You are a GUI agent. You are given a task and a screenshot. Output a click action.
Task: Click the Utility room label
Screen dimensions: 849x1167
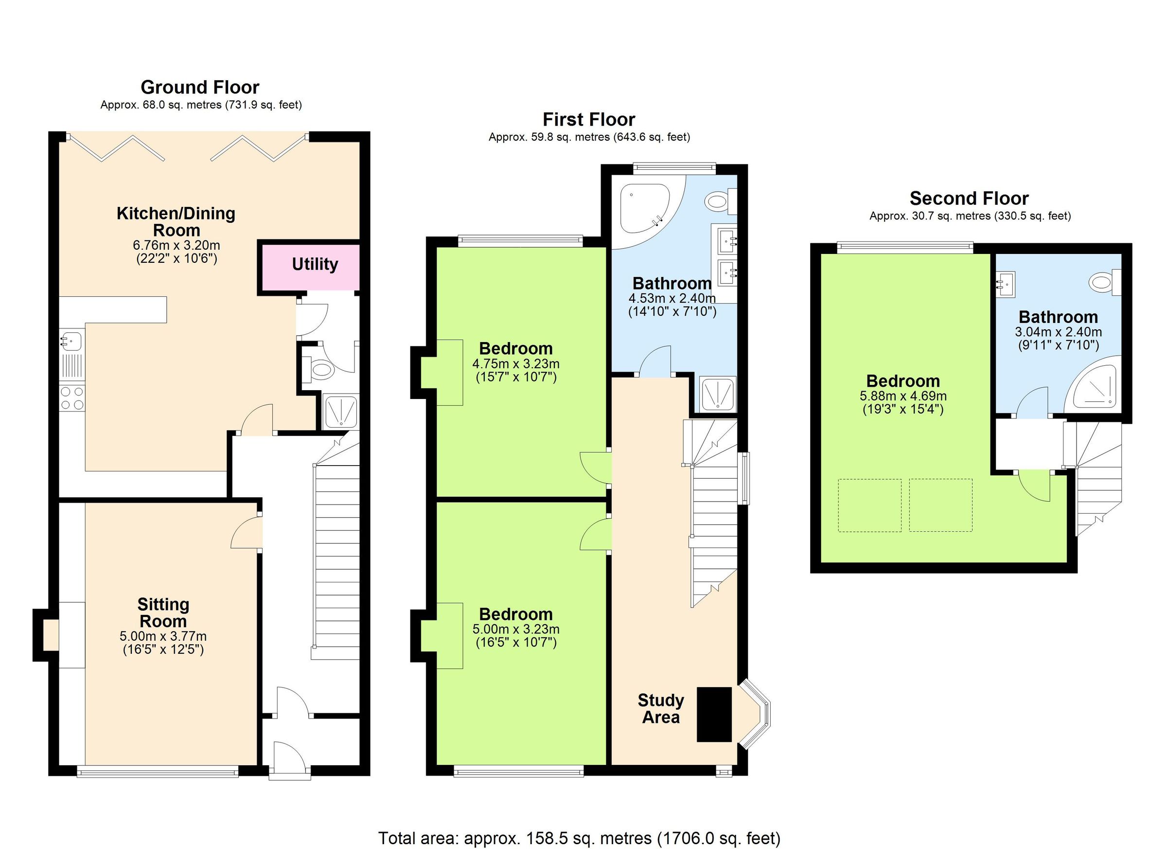pos(315,264)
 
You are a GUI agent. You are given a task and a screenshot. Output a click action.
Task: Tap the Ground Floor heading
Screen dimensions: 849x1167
pos(200,87)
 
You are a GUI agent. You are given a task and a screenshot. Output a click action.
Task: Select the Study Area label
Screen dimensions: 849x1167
pos(661,708)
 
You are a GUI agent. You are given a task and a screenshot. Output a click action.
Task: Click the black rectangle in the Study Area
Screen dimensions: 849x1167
pos(714,714)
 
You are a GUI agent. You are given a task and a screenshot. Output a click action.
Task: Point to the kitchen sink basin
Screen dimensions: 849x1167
pos(71,340)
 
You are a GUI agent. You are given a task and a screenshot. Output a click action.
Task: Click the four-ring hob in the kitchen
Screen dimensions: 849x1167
pos(72,398)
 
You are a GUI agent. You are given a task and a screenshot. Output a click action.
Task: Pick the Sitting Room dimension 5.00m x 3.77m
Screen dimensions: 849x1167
pos(163,636)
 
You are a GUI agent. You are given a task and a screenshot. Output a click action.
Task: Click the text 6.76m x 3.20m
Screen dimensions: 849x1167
pos(177,245)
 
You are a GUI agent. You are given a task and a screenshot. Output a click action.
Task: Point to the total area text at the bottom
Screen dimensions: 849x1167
pos(580,838)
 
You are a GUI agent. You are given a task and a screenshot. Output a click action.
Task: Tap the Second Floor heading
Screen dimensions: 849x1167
pos(969,198)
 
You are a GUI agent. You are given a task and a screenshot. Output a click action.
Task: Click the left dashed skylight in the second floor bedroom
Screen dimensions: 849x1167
pos(869,505)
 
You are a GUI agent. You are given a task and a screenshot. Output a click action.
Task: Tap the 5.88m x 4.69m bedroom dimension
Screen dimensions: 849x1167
pos(903,396)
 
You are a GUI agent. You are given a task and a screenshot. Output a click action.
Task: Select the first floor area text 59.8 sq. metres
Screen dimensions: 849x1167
pos(589,137)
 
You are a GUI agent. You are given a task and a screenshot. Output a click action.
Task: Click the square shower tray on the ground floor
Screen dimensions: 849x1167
pos(341,412)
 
